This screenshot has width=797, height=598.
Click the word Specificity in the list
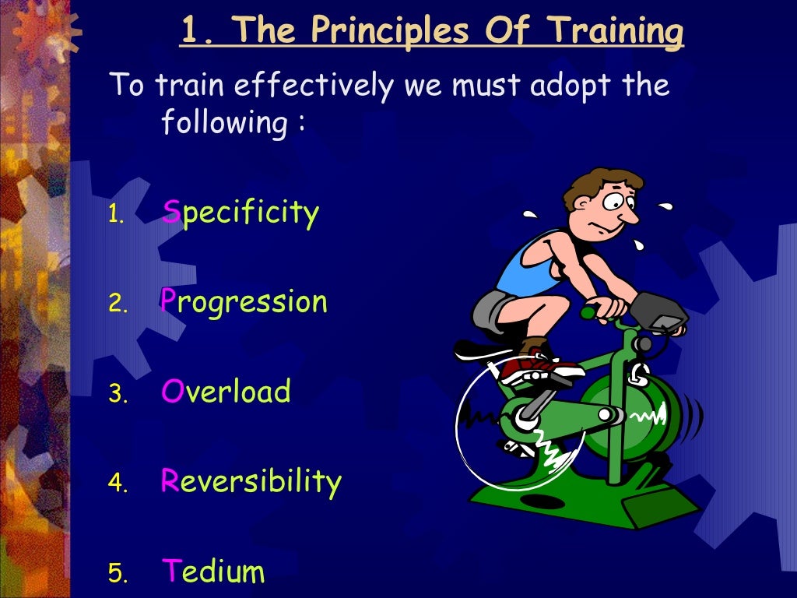[241, 213]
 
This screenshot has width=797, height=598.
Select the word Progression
[244, 302]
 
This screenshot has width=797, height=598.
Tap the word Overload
[226, 392]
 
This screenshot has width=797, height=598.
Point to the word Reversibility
[251, 482]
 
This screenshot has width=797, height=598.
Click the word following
[223, 123]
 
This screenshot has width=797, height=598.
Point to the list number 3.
[117, 394]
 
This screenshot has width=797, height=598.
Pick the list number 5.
[117, 575]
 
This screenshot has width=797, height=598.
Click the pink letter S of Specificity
[171, 212]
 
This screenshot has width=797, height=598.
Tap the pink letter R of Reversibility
[170, 481]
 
